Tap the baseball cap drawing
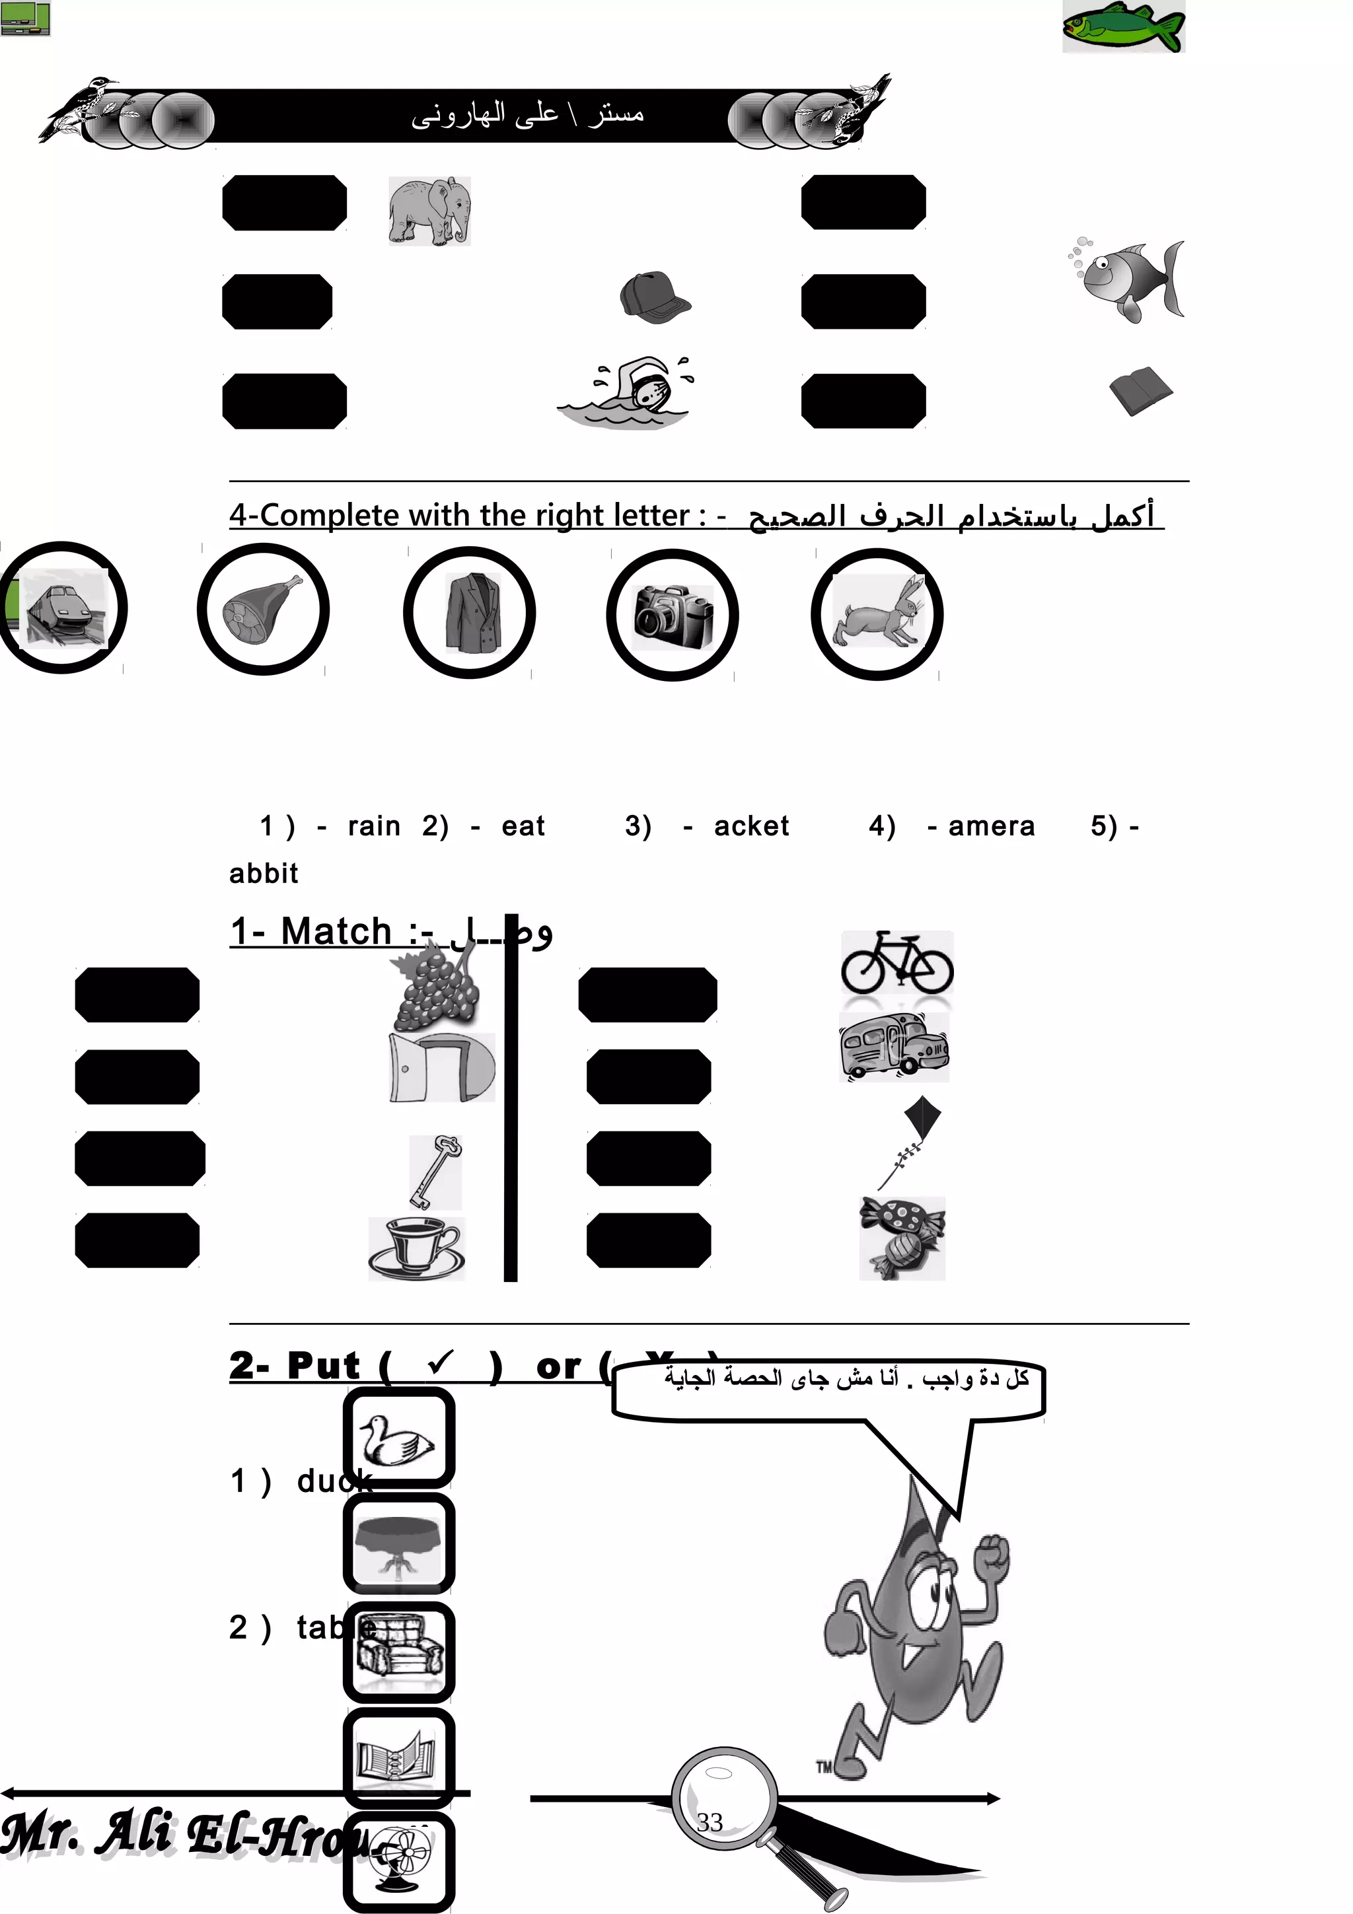click(655, 298)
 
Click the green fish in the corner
click(1123, 26)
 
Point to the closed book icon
click(1140, 390)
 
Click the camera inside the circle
click(673, 617)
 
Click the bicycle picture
click(896, 963)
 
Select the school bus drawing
click(894, 1047)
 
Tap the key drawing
click(435, 1171)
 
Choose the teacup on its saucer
click(415, 1248)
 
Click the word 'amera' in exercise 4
click(991, 826)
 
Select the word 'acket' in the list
click(751, 826)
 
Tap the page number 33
click(710, 1822)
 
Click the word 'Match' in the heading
click(336, 931)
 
